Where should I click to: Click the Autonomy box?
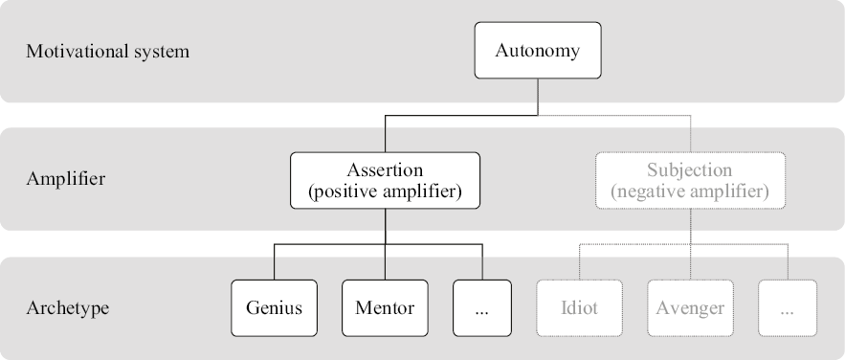[x=537, y=51]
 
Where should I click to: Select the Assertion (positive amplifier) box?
[x=385, y=180]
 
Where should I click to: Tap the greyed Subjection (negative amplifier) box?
[x=689, y=180]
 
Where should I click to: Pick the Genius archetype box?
[x=275, y=308]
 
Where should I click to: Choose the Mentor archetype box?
[x=385, y=308]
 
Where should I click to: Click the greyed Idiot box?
[x=580, y=308]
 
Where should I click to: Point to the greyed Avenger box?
[x=690, y=308]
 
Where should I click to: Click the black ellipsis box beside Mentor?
[x=481, y=308]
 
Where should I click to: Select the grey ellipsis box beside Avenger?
[x=788, y=308]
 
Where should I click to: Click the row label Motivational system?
[x=107, y=52]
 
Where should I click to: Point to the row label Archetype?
[x=67, y=308]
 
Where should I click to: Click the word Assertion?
[x=385, y=170]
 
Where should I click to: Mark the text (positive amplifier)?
[x=385, y=191]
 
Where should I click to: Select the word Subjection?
[x=689, y=170]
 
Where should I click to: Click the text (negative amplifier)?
[x=689, y=191]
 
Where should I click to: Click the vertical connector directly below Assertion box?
[x=385, y=226]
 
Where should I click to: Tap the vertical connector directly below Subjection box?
[x=689, y=226]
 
